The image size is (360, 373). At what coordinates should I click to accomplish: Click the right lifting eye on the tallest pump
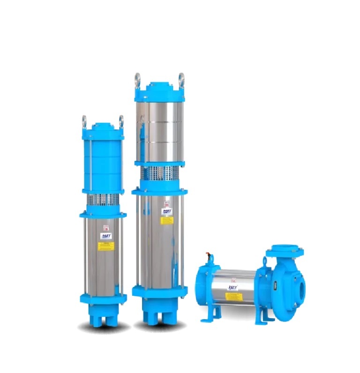pos(181,78)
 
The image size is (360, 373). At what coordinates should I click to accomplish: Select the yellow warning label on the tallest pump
pos(166,220)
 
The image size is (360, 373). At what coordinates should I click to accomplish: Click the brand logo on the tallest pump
pos(166,211)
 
